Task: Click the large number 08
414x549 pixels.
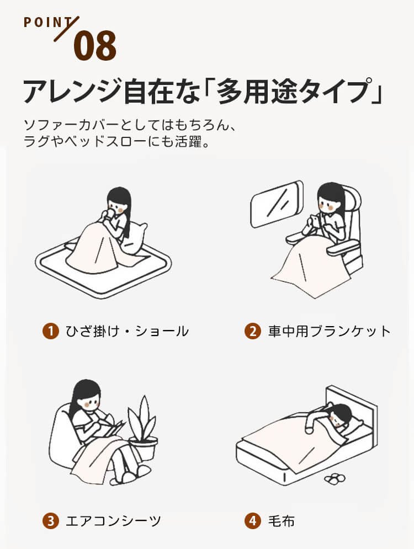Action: coord(95,45)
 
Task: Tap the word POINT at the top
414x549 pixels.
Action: coord(49,23)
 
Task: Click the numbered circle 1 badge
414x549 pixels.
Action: coord(51,331)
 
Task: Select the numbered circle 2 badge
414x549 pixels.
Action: coord(252,331)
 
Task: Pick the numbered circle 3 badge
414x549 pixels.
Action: coord(51,521)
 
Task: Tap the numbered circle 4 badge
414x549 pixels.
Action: coord(252,521)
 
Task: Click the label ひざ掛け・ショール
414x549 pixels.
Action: coord(127,331)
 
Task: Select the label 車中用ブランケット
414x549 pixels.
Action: coord(329,331)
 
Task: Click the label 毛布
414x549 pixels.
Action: coord(282,521)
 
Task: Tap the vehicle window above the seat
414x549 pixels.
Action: coord(277,203)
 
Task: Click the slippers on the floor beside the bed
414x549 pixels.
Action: coord(335,478)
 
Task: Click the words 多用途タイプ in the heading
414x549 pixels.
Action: coord(291,92)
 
